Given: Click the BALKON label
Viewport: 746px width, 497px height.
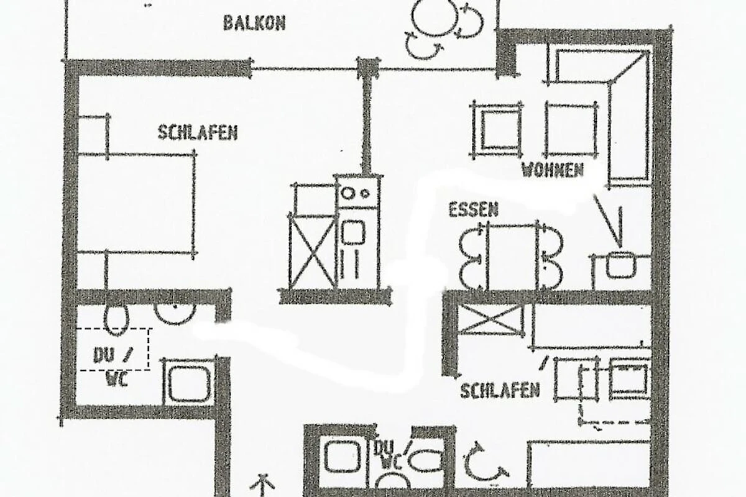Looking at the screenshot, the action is click(x=254, y=24).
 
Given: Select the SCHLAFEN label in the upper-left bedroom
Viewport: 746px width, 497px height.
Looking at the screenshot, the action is click(x=198, y=132).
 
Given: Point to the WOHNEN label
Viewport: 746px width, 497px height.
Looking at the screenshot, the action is click(x=553, y=170).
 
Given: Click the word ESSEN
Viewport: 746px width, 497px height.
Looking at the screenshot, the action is click(x=473, y=210).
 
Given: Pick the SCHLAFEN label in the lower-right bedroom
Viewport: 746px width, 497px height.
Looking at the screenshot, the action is click(x=500, y=391).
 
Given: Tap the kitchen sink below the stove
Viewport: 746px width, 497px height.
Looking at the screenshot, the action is click(x=357, y=248).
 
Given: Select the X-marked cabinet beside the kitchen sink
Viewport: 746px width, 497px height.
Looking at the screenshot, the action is click(x=312, y=252).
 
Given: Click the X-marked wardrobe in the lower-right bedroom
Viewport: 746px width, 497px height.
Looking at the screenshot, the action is click(x=491, y=319).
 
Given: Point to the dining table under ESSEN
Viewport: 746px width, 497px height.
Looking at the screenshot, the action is click(x=512, y=257).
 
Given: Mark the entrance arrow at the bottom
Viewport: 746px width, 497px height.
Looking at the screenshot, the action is click(x=264, y=485).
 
